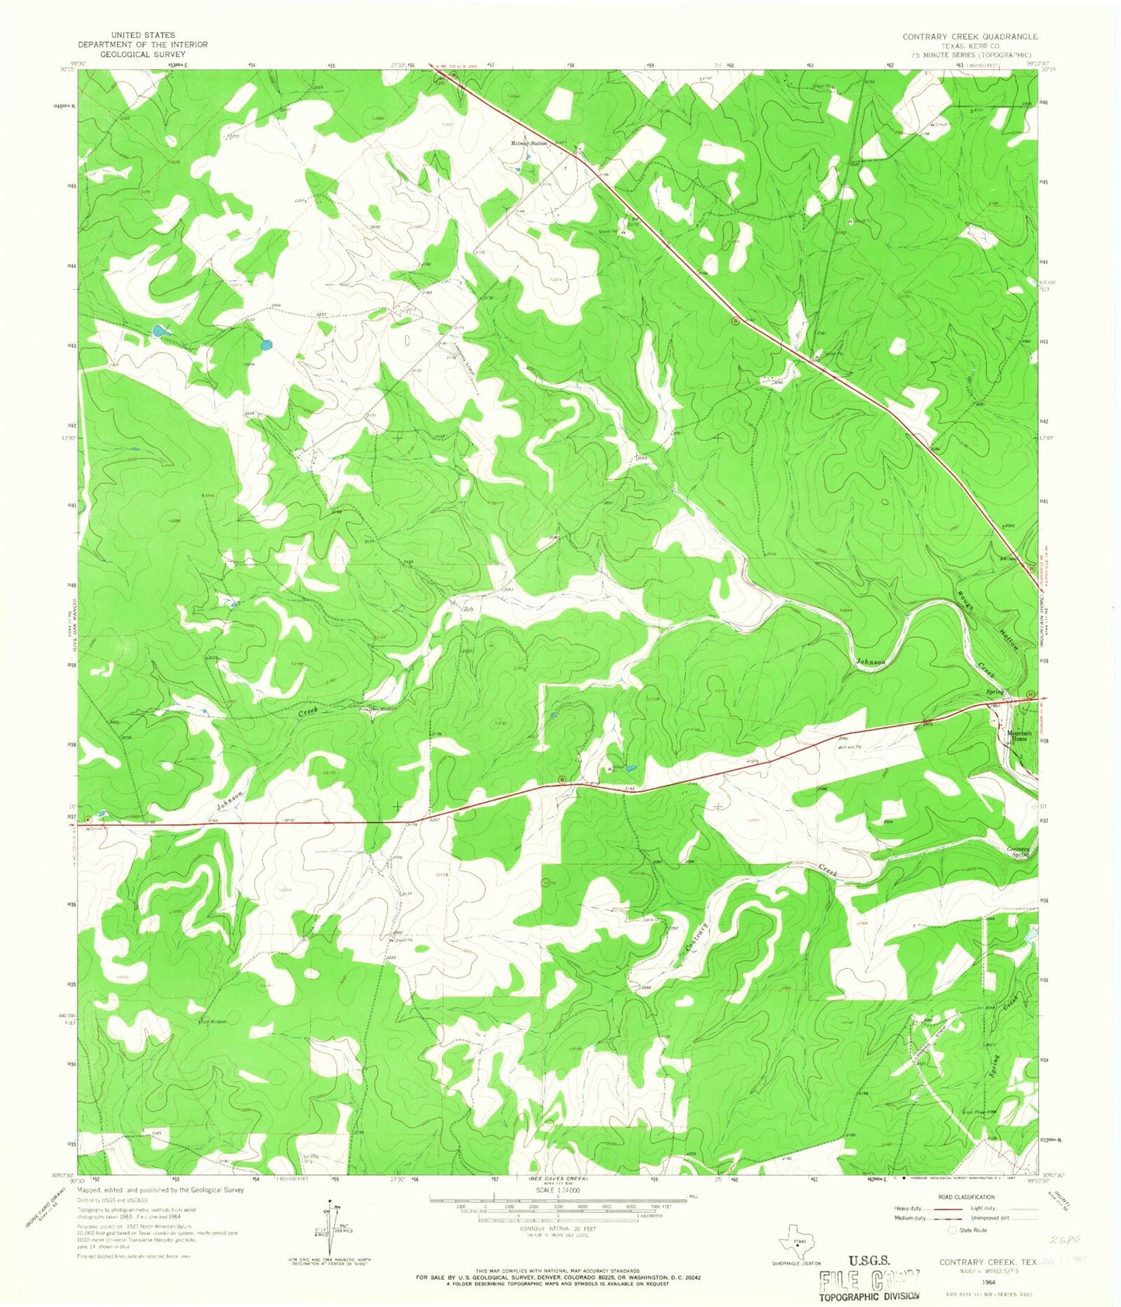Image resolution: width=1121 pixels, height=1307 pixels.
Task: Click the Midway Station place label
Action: point(529,143)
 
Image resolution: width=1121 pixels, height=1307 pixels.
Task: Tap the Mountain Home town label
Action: point(1017,735)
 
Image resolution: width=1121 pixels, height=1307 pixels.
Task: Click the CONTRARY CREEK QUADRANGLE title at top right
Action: point(969,36)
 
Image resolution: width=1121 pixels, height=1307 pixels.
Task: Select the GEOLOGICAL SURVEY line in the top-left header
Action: point(142,54)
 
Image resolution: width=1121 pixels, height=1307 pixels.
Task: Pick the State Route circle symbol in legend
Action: point(953,1230)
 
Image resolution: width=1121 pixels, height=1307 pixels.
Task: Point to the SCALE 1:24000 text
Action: point(558,1189)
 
